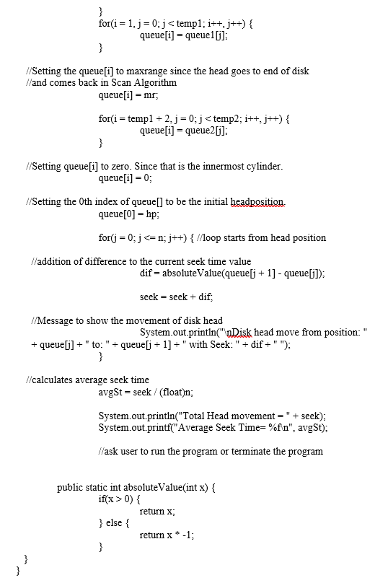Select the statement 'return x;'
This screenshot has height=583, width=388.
coord(157,510)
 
